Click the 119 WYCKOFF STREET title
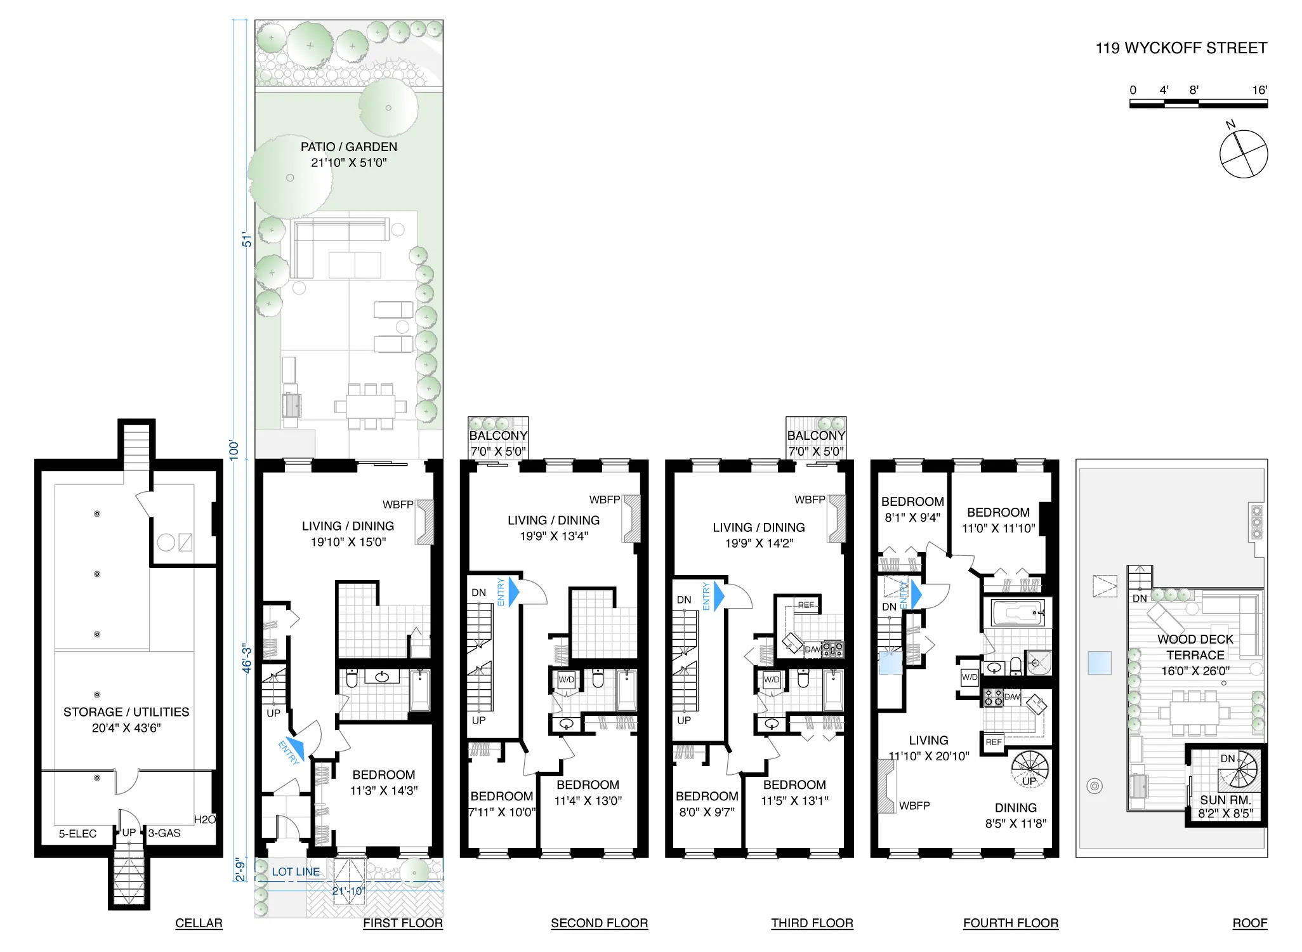1181,48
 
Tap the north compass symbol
1243,154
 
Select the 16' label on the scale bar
1259,90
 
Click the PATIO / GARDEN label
349,147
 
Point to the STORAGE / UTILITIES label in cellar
126,712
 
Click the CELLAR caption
199,923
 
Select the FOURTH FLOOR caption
1010,923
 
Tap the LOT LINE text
296,872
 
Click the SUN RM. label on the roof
1225,800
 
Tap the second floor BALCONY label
498,436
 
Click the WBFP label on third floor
810,500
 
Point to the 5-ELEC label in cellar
77,833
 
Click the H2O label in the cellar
204,819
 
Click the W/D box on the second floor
566,680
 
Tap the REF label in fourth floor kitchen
994,742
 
